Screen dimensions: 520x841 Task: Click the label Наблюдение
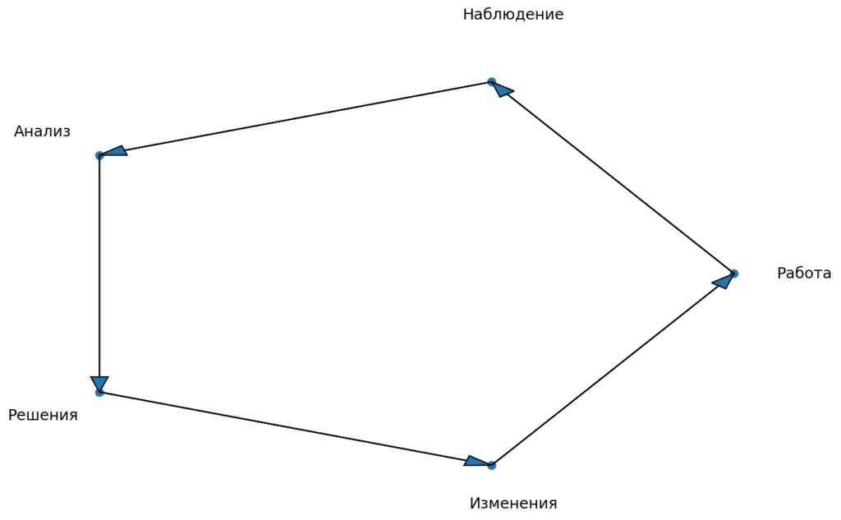pos(513,15)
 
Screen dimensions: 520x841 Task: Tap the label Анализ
pos(43,131)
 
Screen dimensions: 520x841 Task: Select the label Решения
pos(43,416)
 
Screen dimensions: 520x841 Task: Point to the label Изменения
pos(513,504)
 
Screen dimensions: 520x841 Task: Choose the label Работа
pos(804,274)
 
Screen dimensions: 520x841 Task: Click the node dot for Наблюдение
pos(491,81)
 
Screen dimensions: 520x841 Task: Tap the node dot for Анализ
pos(99,155)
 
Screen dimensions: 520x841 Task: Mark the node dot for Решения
pos(99,393)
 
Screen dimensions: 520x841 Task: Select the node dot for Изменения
pos(491,466)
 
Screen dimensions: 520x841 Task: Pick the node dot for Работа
pos(733,274)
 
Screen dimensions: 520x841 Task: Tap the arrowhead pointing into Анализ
pos(114,152)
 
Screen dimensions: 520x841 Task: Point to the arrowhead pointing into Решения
pos(99,383)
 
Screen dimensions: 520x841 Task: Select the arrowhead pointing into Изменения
pos(477,462)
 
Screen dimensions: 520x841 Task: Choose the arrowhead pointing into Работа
pos(723,281)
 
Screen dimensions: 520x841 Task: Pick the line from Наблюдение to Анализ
pos(296,118)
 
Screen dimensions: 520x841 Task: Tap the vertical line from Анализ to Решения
pos(99,271)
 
